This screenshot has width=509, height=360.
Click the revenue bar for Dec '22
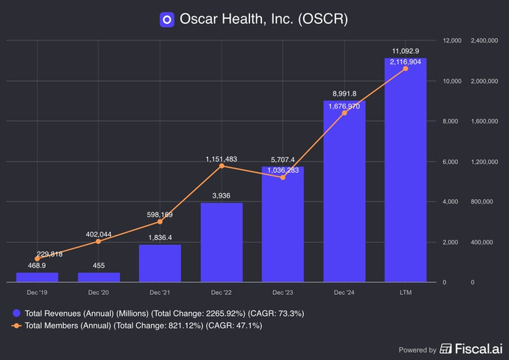point(222,242)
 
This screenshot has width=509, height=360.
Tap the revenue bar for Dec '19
point(37,278)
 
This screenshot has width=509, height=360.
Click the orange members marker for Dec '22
point(222,165)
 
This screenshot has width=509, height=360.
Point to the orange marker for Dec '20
point(99,242)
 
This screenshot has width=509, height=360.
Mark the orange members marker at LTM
point(406,68)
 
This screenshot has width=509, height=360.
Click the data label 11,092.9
point(406,50)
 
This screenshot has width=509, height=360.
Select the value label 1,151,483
point(222,159)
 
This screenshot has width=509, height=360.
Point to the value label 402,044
point(99,234)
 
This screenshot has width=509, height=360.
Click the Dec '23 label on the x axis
point(283,292)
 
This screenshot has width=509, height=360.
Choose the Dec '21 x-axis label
point(160,292)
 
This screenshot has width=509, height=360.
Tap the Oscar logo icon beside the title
point(167,19)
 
